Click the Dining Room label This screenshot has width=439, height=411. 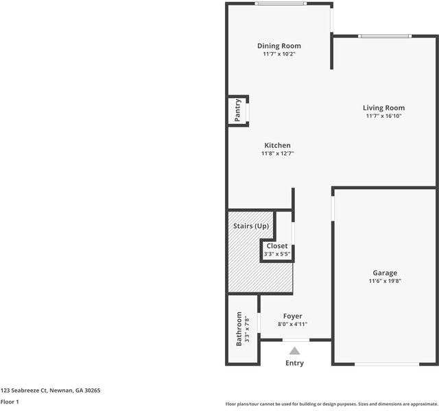[279, 46]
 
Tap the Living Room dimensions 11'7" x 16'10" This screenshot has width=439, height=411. [384, 116]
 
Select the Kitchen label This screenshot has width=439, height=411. [277, 145]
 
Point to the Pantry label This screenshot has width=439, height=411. [237, 110]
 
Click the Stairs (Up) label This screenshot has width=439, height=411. [251, 226]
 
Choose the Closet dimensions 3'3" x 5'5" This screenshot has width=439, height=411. [277, 254]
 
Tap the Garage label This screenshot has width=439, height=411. [385, 273]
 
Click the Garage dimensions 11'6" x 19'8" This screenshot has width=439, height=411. [385, 281]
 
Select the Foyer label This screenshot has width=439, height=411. [293, 316]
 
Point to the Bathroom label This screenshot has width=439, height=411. [239, 329]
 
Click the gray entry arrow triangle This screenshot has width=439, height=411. [294, 351]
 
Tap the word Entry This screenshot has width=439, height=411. [294, 363]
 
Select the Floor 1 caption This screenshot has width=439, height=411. [10, 402]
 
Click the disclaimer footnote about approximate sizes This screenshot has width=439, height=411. [332, 404]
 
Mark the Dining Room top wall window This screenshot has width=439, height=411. [281, 3]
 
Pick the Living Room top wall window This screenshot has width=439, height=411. [385, 36]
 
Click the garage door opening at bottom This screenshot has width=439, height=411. [387, 364]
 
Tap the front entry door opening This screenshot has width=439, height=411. [296, 340]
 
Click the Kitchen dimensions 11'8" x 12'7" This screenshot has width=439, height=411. [277, 153]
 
